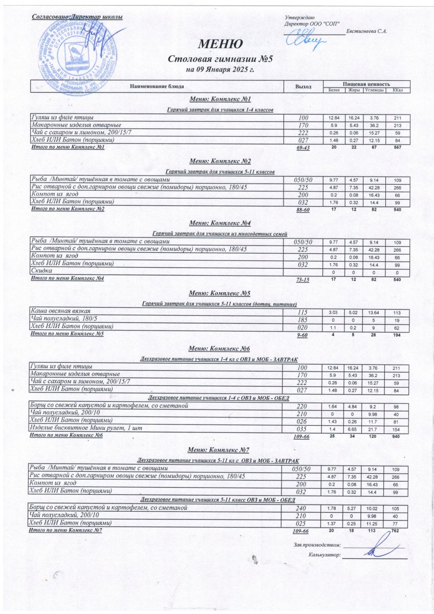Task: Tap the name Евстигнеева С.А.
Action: click(366, 32)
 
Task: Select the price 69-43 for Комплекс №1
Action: click(303, 148)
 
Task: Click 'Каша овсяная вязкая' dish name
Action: click(61, 311)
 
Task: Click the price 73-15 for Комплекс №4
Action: click(303, 279)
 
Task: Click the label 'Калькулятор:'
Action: click(324, 555)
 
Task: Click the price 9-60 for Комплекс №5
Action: click(303, 335)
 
